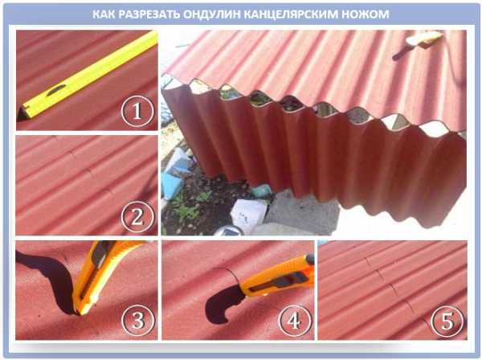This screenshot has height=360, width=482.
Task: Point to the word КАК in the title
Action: (104, 14)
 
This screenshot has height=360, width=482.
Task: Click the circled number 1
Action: (137, 111)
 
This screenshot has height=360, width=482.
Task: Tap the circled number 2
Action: (137, 217)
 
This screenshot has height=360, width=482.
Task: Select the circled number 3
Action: (138, 320)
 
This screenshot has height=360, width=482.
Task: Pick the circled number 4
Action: (294, 321)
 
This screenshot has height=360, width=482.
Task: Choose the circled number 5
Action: (447, 321)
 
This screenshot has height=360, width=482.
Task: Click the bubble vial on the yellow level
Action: (56, 90)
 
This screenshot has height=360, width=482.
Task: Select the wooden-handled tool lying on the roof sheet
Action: (419, 44)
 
